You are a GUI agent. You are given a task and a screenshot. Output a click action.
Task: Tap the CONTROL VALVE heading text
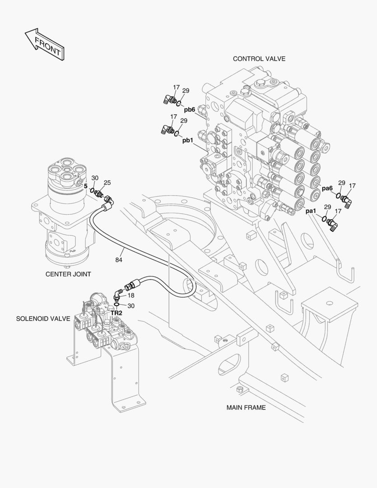pos(259,59)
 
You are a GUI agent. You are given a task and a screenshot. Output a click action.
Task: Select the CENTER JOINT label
pos(68,274)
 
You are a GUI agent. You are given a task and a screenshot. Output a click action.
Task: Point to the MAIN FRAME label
pos(246,408)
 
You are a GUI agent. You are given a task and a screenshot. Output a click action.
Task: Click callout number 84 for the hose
pos(119,260)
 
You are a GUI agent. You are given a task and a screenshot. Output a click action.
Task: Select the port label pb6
pos(189,109)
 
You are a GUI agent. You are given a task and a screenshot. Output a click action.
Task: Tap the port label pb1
pos(187,141)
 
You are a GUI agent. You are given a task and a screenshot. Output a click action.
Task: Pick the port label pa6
pos(327,188)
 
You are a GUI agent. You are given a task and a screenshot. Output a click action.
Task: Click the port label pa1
pos(311,211)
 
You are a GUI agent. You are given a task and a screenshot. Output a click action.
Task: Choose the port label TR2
pos(116,313)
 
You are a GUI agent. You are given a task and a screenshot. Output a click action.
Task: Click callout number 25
pos(107,183)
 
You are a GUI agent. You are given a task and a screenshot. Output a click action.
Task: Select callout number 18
pos(131,295)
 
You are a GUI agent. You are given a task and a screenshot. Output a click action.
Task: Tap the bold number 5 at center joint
pos(85,186)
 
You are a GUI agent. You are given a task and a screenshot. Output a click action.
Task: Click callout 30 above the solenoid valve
pos(130,306)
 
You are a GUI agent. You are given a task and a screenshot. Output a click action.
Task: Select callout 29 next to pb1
pos(184,121)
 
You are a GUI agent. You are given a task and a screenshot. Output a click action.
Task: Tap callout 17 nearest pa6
pos(352,185)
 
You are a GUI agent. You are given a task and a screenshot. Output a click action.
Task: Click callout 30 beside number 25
pos(95,178)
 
